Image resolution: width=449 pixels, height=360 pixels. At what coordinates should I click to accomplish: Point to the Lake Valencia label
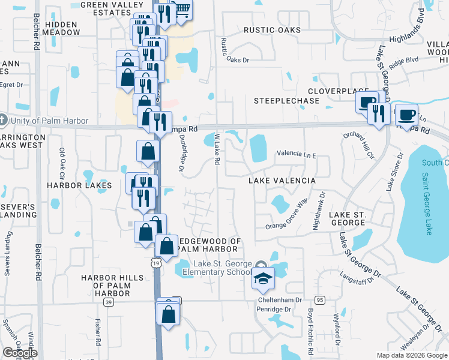282,181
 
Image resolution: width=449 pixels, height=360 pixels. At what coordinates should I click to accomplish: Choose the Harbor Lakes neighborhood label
79,185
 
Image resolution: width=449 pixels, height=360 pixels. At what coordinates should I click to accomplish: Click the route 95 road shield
319,300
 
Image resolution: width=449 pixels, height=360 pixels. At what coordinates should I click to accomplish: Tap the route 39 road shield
108,302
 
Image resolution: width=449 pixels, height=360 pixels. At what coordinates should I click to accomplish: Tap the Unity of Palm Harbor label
48,121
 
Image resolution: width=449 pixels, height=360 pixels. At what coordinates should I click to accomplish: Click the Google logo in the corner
20,353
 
